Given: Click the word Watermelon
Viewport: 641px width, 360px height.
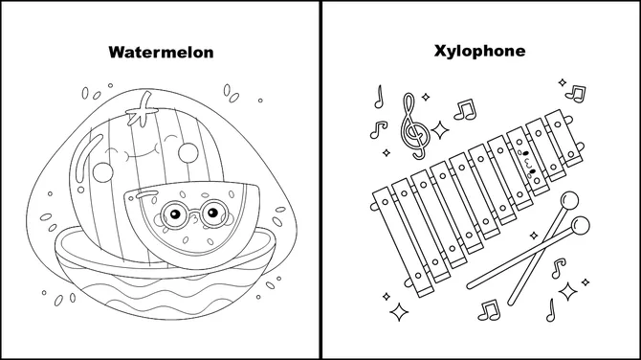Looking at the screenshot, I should point(160,51).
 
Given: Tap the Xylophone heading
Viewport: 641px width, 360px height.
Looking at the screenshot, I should point(479,51).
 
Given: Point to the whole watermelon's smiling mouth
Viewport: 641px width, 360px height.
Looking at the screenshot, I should point(143,149).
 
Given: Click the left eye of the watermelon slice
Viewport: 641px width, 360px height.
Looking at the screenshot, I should point(171,214).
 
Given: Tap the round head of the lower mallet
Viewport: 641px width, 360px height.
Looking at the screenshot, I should point(580,227).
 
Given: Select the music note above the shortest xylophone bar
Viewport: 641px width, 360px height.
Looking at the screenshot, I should point(575,93).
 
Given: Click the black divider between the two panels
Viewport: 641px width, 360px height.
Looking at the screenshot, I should point(320,180).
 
